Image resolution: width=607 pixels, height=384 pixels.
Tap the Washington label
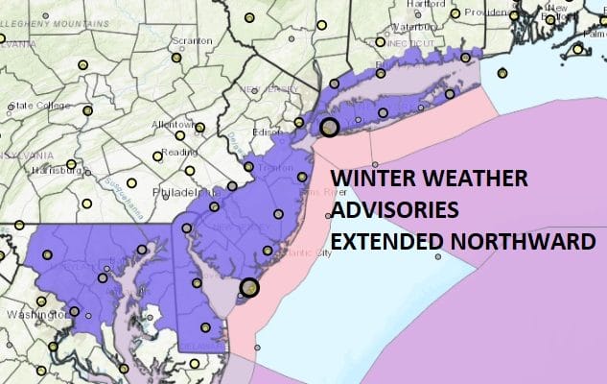29,314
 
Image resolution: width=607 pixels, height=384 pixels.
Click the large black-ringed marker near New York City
330,127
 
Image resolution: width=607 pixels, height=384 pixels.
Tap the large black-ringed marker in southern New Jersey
249,287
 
